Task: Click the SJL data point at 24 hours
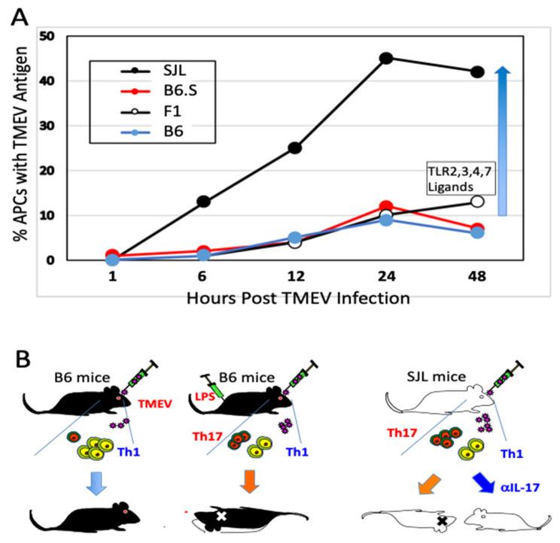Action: tap(387, 58)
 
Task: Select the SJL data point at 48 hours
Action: tap(476, 71)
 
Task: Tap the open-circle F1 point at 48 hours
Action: tap(476, 202)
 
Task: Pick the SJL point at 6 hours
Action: tap(203, 202)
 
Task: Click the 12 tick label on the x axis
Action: tap(294, 276)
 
